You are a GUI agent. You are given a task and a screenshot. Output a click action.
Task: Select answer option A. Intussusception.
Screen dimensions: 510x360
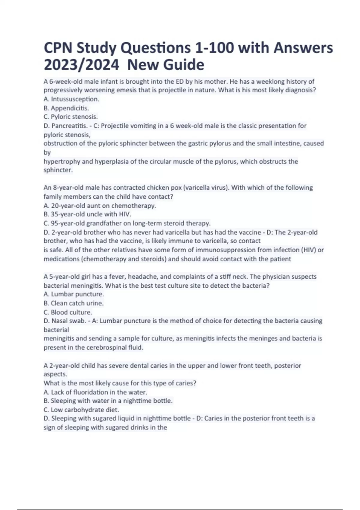tap(71, 99)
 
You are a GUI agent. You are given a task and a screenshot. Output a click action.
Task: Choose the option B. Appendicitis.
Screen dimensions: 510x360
tap(66, 108)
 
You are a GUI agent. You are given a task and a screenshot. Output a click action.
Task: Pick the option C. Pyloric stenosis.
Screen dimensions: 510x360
tap(71, 117)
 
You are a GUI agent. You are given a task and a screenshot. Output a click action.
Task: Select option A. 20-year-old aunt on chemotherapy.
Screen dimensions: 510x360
tap(100, 205)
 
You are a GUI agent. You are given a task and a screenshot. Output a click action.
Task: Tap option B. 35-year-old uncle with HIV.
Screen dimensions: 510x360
tap(87, 214)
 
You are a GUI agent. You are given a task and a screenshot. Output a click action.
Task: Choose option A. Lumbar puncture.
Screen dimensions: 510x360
tap(74, 294)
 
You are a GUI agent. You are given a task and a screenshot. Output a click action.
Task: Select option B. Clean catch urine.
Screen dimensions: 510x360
tap(73, 303)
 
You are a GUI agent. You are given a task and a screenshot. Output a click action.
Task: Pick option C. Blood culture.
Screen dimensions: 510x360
tap(68, 312)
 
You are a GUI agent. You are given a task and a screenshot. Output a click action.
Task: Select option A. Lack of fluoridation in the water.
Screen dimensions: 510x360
tap(95, 392)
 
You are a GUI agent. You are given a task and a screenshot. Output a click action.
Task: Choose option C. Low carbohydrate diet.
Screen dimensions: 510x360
tap(81, 409)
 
